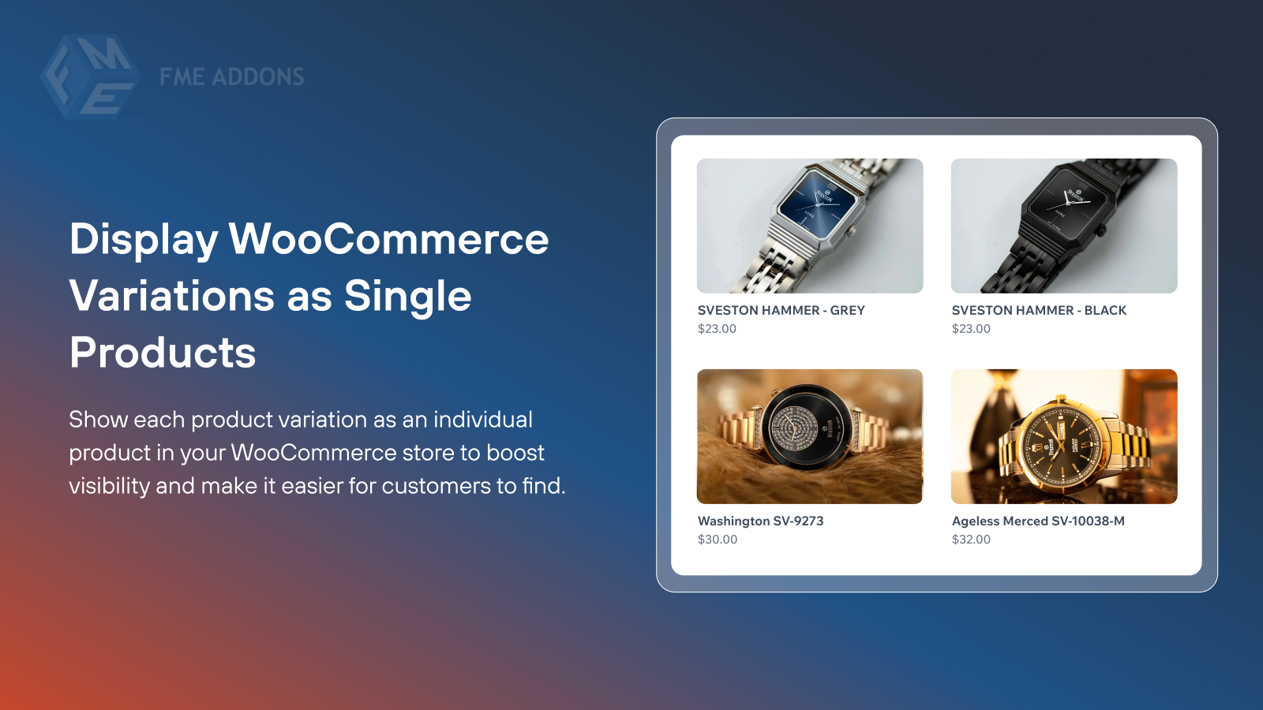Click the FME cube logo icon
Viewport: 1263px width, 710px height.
(x=90, y=77)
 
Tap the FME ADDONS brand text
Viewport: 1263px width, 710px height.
(x=231, y=77)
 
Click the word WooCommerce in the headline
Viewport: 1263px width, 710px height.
(x=388, y=239)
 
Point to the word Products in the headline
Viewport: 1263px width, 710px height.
(x=163, y=353)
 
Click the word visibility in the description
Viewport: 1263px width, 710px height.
(x=109, y=486)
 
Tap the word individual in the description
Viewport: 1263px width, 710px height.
(x=482, y=420)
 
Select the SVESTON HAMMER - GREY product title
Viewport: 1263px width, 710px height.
(x=781, y=311)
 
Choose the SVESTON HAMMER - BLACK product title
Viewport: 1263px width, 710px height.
(x=1039, y=311)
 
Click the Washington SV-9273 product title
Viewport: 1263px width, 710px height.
(x=760, y=521)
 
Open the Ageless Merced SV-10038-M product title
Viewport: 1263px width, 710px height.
(x=1038, y=521)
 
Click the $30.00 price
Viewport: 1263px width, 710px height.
(x=717, y=540)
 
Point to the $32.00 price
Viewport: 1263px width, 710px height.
(x=971, y=540)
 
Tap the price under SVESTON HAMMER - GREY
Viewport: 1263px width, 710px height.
(x=717, y=329)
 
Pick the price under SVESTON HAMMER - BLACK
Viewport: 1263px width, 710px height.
(x=971, y=329)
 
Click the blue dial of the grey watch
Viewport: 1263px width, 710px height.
(x=817, y=204)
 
